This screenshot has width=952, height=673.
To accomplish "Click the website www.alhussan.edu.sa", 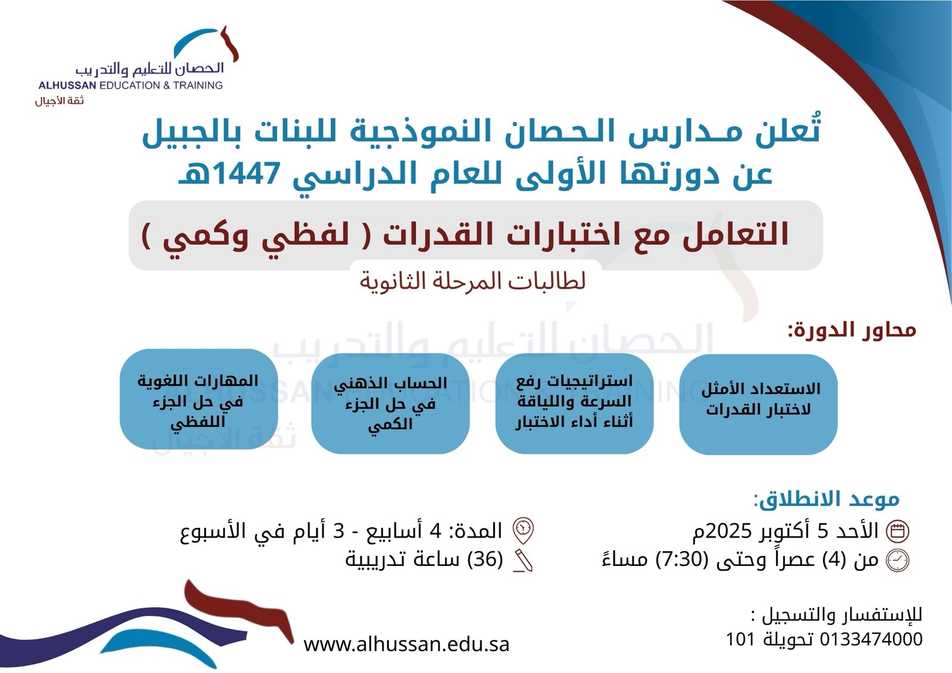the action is (406, 644).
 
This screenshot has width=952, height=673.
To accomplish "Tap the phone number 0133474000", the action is (871, 639).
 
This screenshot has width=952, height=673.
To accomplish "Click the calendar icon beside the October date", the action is (897, 531).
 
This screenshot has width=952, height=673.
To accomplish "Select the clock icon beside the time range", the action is (897, 561).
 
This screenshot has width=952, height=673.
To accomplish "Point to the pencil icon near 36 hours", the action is (523, 561).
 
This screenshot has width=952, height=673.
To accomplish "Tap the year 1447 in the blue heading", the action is (241, 174).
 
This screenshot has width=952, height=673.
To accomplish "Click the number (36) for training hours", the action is (485, 559).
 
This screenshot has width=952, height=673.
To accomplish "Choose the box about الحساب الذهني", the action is (390, 403).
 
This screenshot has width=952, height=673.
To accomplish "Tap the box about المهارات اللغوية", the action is (199, 399).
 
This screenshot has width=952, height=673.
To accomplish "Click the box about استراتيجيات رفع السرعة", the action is (574, 403).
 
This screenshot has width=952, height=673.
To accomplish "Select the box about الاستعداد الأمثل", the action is (758, 404).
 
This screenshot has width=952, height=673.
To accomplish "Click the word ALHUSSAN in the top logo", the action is (68, 86).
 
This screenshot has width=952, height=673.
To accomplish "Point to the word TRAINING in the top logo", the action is (198, 86).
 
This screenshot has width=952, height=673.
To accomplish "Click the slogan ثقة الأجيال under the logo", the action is (59, 101).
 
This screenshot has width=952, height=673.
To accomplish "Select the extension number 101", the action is (740, 639).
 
